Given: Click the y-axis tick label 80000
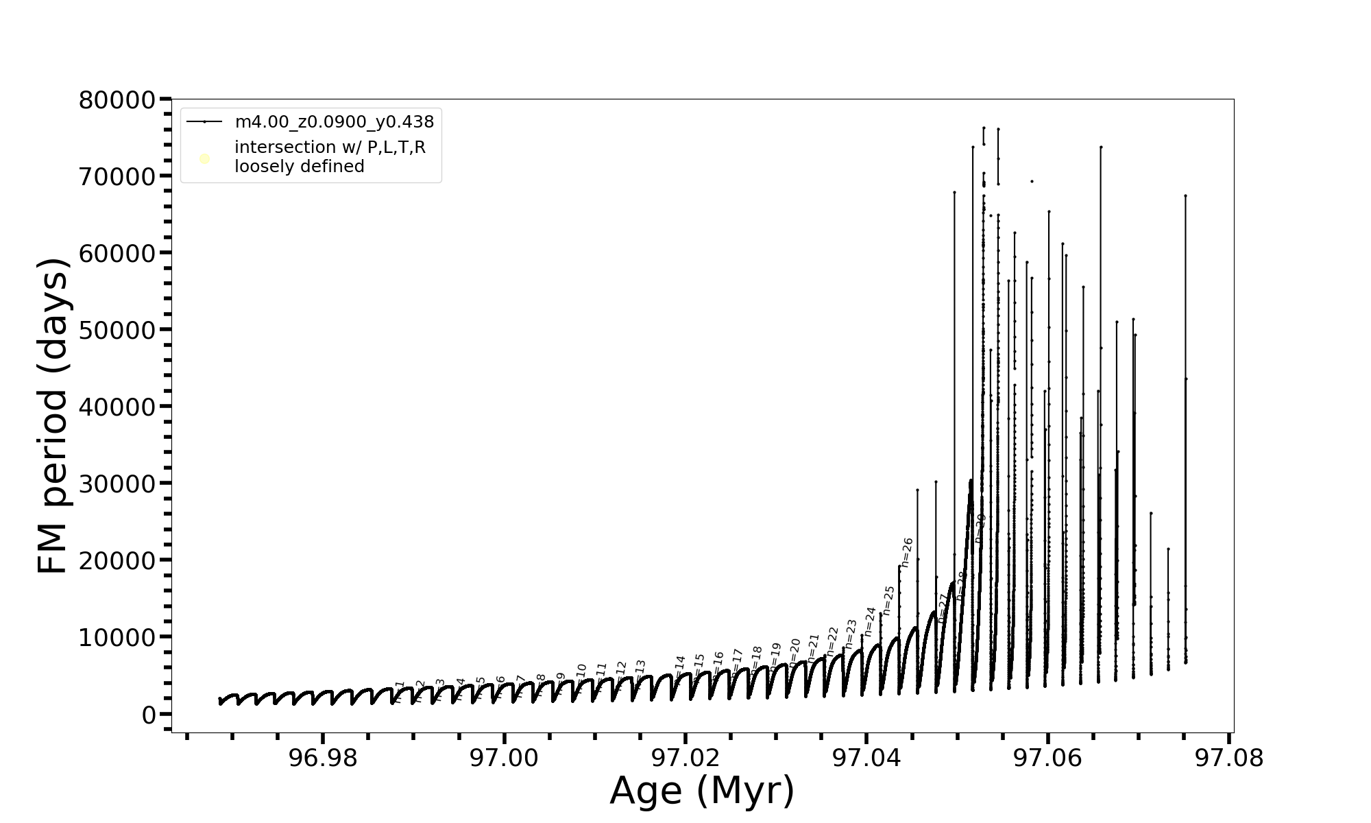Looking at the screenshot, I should (117, 101).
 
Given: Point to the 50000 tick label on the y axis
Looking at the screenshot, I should (117, 331).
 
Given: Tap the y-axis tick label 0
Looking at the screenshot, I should (149, 715).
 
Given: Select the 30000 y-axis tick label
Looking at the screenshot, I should (117, 484).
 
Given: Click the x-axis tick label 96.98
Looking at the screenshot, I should (323, 759).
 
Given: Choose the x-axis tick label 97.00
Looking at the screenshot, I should (504, 759).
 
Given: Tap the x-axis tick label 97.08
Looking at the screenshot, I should (1228, 759).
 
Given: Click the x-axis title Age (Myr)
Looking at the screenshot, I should (702, 791).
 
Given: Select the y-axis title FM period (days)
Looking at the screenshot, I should (53, 416).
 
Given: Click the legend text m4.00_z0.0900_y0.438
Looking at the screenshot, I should (334, 122).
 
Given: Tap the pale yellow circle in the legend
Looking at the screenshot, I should (204, 159).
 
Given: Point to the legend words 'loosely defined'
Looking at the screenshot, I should (299, 167).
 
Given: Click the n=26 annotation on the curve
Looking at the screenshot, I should (907, 553).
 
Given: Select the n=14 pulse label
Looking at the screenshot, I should (679, 667).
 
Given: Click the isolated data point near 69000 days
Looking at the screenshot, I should (1032, 181).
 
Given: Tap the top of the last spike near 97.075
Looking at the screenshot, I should (1185, 196).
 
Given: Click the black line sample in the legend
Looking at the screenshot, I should (204, 122).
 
